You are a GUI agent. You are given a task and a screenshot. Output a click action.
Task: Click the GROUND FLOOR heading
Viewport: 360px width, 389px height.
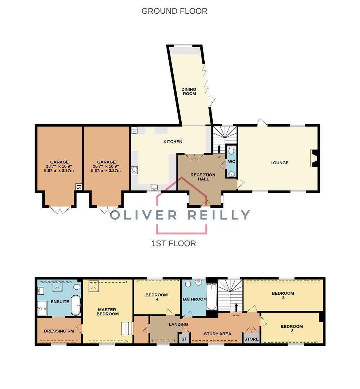coord(174,11)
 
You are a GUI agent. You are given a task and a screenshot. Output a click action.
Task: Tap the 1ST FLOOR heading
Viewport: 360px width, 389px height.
coord(174,243)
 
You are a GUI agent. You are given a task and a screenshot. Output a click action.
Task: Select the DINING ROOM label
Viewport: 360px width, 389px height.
coord(189,91)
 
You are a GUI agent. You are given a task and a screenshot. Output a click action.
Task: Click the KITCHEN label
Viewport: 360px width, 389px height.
coord(173,142)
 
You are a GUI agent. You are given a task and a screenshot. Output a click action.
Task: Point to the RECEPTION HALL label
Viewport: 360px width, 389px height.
coord(203,177)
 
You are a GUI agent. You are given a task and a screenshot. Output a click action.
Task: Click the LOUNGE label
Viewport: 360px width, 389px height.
coord(280,163)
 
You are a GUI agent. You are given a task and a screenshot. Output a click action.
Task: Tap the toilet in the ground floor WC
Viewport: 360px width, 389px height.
coord(231,150)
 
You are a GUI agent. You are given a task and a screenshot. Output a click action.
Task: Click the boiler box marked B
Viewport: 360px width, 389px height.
coord(79,187)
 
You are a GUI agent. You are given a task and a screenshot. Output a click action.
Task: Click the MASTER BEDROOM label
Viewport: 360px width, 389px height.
coord(108,312)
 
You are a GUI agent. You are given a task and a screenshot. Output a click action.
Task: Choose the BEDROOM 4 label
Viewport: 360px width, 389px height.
coord(156,297)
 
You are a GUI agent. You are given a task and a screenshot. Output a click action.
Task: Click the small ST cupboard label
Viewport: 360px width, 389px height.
coord(184,339)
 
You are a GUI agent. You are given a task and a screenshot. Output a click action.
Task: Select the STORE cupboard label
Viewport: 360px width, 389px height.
coord(252,339)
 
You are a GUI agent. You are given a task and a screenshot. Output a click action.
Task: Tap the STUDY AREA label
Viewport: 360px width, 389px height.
coord(218,334)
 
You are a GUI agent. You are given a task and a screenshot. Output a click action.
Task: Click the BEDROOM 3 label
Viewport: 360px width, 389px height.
coord(292,328)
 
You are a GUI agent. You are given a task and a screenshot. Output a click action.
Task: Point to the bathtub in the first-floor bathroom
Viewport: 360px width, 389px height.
coord(212,297)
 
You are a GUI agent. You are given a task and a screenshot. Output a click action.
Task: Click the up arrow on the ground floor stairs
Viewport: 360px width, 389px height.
coord(219,149)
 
